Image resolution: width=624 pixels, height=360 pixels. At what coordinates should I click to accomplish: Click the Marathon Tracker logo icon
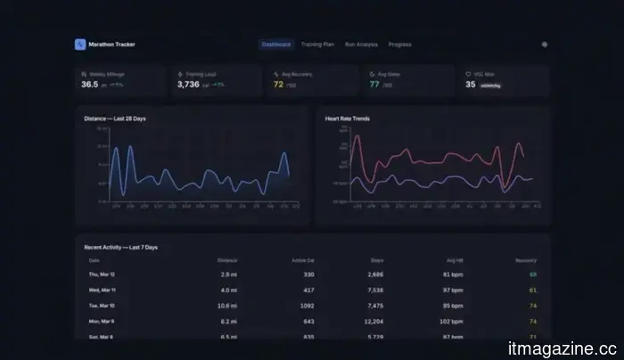(x=79, y=44)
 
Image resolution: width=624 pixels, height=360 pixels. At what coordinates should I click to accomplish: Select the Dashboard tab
(x=275, y=44)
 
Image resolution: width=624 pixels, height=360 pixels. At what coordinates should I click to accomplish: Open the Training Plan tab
(x=317, y=44)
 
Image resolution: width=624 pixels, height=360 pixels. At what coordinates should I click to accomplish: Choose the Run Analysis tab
(x=362, y=44)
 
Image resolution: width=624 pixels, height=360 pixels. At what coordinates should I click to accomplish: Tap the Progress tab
(x=399, y=44)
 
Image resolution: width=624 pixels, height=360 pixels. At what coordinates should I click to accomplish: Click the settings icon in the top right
(x=545, y=44)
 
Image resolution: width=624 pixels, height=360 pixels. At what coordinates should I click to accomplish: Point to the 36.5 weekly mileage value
(x=90, y=85)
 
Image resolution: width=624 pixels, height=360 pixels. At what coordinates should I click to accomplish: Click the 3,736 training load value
(x=188, y=85)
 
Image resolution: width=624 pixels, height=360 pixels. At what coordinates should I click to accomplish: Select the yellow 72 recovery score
(x=278, y=85)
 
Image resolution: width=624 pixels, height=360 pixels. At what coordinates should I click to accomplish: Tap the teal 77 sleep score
(x=374, y=85)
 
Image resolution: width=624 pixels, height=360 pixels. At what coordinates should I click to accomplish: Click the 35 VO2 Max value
(x=471, y=85)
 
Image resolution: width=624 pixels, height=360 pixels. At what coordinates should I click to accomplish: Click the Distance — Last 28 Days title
(x=116, y=118)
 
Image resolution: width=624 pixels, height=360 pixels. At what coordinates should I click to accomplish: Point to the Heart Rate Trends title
(x=349, y=118)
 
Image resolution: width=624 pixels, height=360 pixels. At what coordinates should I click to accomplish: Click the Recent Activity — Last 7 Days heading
(x=120, y=247)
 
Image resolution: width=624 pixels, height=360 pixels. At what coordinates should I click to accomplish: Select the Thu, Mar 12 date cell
(x=100, y=274)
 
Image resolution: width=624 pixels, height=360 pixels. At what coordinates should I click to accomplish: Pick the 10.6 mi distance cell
(x=228, y=305)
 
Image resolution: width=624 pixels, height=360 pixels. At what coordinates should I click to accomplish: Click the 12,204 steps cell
(x=374, y=320)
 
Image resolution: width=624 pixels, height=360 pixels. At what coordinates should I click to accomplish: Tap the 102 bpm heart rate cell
(x=453, y=320)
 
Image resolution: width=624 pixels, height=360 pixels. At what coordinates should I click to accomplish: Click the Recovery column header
(x=526, y=260)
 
